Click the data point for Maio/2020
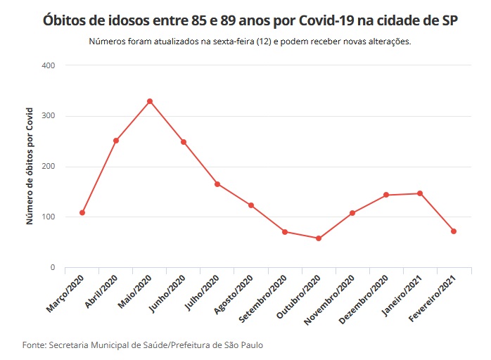pos(150,101)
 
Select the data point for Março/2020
pos(82,212)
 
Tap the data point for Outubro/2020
pos(319,238)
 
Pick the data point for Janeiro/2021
pos(420,193)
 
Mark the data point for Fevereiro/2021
pos(454,231)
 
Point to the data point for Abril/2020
pos(116,141)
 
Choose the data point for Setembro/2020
pos(285,231)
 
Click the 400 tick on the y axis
pos(49,65)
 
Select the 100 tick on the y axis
pos(49,217)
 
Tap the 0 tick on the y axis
pos(52,268)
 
